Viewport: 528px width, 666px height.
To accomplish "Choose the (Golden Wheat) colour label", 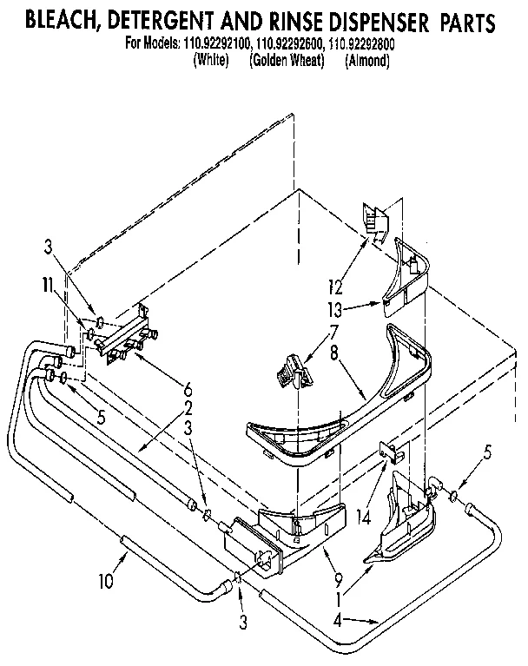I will [x=286, y=61].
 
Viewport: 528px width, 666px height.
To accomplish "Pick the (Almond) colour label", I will [x=366, y=61].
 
